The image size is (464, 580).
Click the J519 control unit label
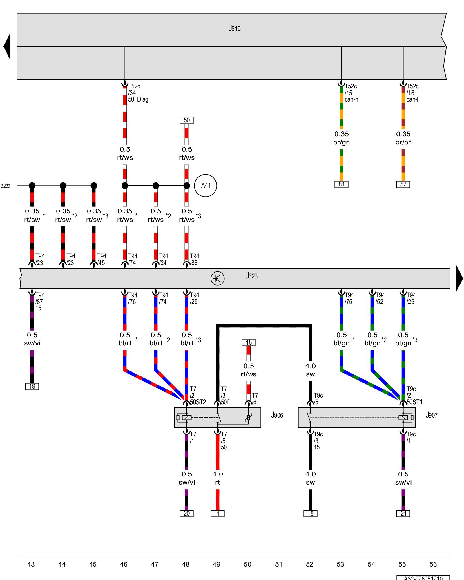[x=234, y=28]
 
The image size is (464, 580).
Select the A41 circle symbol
[x=206, y=186]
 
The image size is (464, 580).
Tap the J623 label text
[x=251, y=276]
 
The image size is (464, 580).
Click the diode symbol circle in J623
[x=217, y=278]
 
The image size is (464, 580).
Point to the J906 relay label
[x=277, y=415]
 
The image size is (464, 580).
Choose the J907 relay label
[x=431, y=415]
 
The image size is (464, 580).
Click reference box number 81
[x=341, y=184]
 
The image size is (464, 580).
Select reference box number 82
[x=403, y=184]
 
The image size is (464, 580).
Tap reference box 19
[x=32, y=386]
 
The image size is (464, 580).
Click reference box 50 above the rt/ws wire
[x=186, y=120]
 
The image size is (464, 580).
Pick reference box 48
[x=249, y=342]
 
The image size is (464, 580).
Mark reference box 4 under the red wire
[x=217, y=514]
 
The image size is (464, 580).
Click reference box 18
[x=310, y=514]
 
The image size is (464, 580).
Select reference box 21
[x=403, y=514]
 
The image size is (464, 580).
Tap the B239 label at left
[x=5, y=186]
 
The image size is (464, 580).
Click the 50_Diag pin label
[x=138, y=99]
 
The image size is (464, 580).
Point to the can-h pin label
[x=351, y=99]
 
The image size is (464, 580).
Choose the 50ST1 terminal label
[x=414, y=402]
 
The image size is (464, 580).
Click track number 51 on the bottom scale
[x=278, y=564]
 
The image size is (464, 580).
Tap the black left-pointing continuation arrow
[x=7, y=46]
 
